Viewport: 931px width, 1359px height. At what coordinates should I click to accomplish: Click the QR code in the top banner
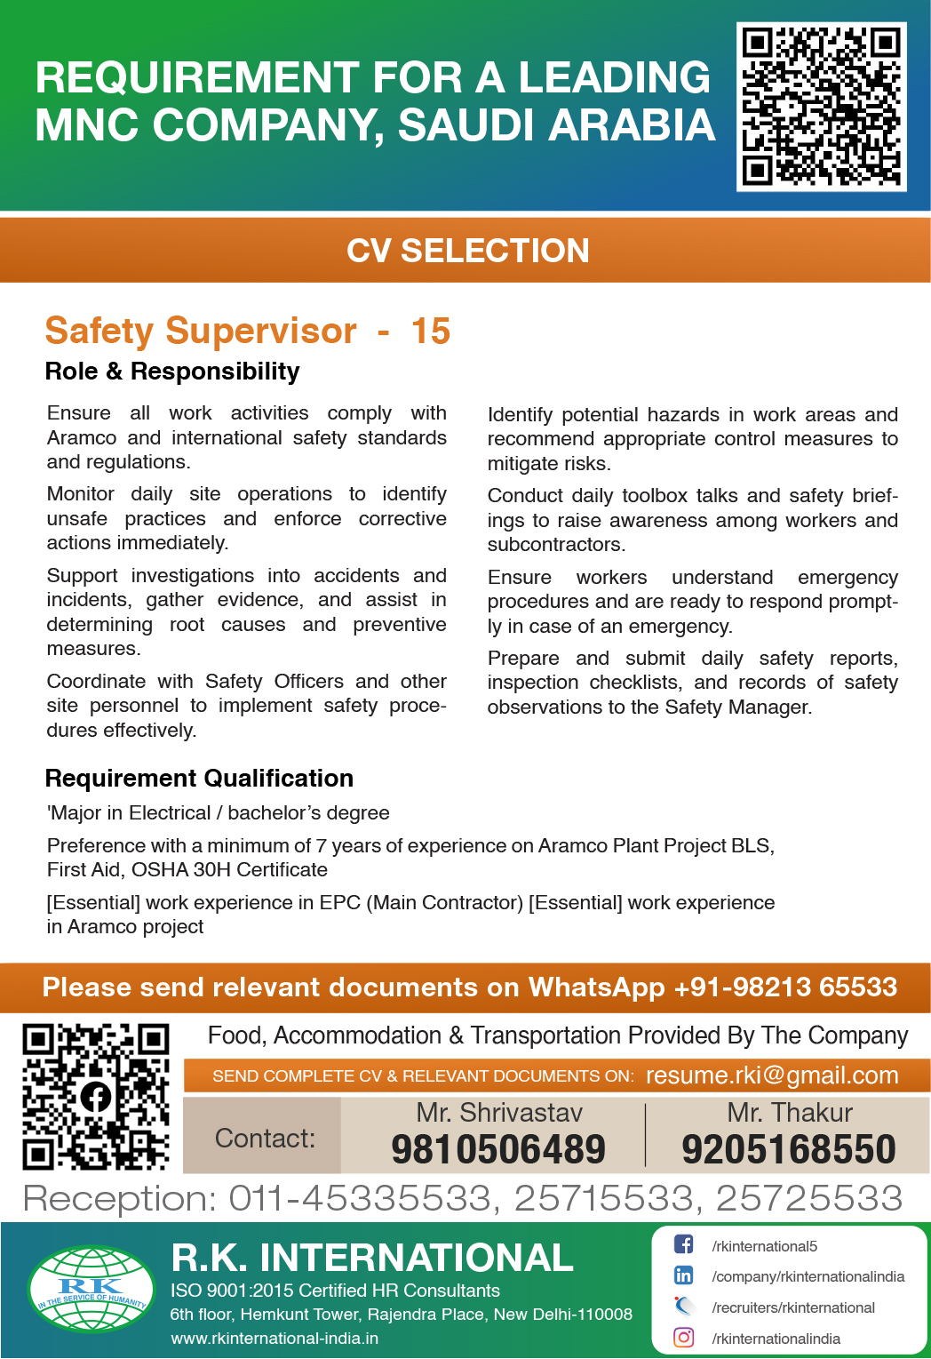click(822, 107)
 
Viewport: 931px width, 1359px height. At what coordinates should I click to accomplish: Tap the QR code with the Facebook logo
click(96, 1096)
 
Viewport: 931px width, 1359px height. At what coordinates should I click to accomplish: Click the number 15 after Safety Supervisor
click(431, 332)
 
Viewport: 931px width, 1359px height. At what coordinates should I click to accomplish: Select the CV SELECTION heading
click(467, 251)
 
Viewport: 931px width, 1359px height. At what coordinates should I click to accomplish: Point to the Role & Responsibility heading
click(172, 372)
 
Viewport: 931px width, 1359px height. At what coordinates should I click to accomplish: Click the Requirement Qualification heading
click(199, 779)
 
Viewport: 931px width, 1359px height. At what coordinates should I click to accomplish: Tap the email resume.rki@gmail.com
click(772, 1075)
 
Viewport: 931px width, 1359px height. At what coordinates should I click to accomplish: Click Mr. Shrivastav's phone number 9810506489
click(498, 1149)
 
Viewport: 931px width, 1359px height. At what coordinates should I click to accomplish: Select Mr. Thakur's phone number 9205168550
click(789, 1149)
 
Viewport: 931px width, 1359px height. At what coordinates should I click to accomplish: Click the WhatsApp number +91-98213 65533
click(785, 987)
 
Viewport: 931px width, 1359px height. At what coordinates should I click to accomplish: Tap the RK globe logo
click(92, 1290)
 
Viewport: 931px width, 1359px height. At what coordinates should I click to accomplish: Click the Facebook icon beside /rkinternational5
click(683, 1245)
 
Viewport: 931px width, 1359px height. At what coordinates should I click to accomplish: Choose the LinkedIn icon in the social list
click(683, 1275)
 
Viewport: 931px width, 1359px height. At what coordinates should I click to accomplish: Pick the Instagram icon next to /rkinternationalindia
click(683, 1338)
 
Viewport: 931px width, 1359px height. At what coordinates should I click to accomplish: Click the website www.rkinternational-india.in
click(275, 1339)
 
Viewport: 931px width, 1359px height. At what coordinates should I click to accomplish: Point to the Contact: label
click(265, 1139)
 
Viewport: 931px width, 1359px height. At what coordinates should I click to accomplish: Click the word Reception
click(120, 1199)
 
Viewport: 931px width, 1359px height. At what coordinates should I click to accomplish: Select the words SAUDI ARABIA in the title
click(557, 125)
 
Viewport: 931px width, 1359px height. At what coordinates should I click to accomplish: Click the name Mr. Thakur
click(790, 1113)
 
